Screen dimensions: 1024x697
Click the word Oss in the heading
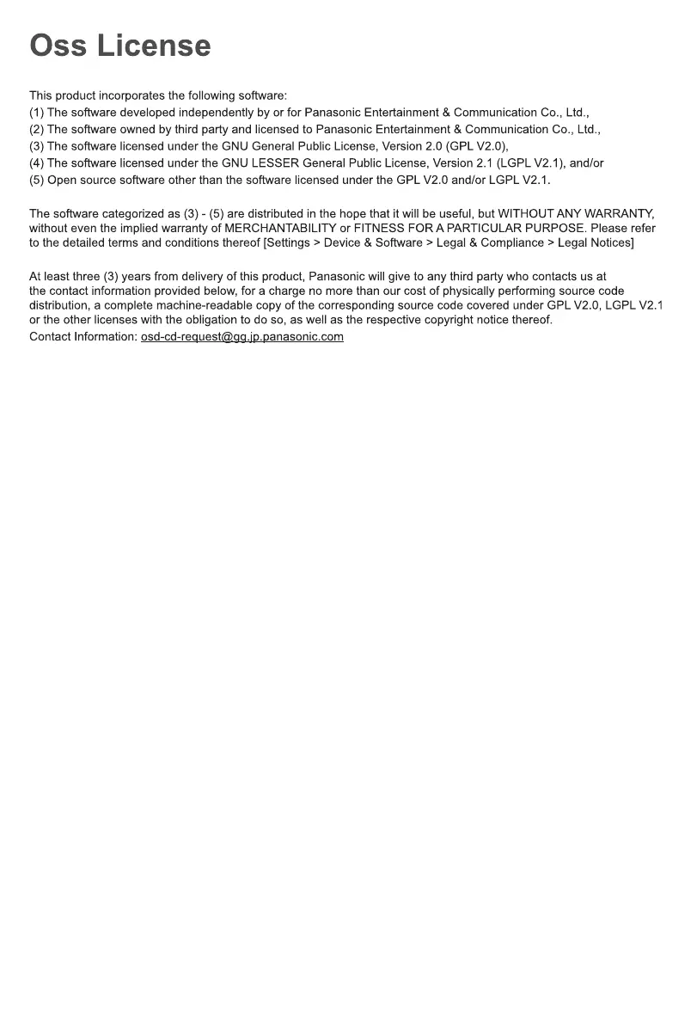point(58,46)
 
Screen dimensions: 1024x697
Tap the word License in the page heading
point(154,46)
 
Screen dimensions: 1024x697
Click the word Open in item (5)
point(62,180)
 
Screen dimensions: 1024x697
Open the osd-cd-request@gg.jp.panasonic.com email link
point(242,336)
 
